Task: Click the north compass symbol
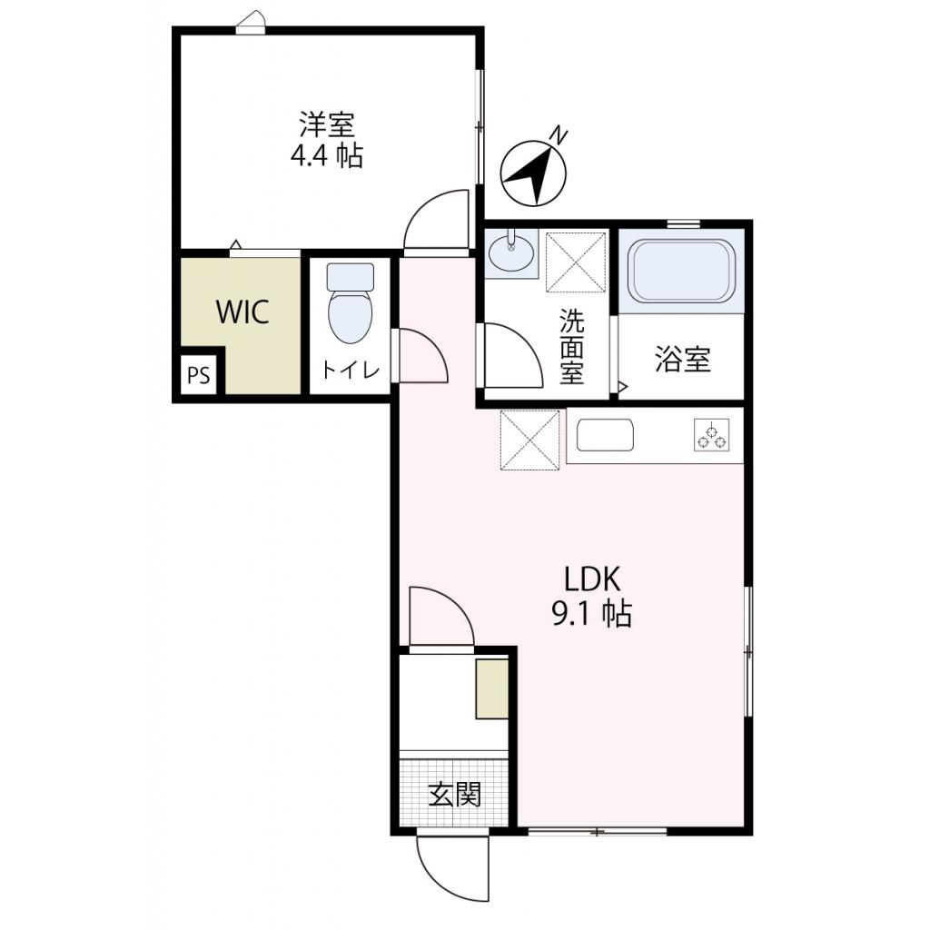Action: pyautogui.click(x=534, y=172)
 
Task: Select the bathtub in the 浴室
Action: pyautogui.click(x=682, y=270)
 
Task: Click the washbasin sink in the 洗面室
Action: pyautogui.click(x=510, y=253)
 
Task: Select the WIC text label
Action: pyautogui.click(x=242, y=312)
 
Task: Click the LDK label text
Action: pyautogui.click(x=591, y=579)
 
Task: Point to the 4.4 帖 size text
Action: pyautogui.click(x=326, y=156)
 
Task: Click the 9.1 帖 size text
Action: pyautogui.click(x=591, y=615)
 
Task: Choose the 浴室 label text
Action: pyautogui.click(x=682, y=361)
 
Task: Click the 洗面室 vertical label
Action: pyautogui.click(x=571, y=346)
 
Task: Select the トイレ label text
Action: pyautogui.click(x=350, y=371)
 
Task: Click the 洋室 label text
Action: pyautogui.click(x=326, y=123)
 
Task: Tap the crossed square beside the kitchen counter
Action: pyautogui.click(x=529, y=440)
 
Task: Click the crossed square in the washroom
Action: pyautogui.click(x=576, y=262)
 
